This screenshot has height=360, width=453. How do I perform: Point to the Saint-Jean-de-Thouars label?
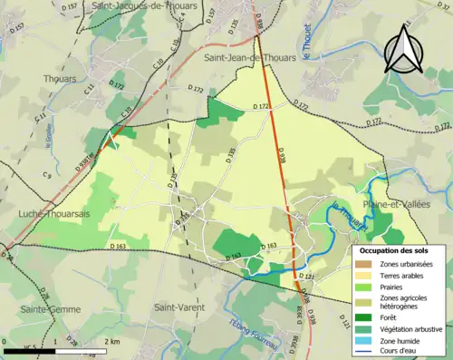(249, 57)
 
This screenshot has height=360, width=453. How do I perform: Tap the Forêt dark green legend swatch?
(367, 315)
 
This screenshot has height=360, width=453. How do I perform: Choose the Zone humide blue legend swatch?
(367, 340)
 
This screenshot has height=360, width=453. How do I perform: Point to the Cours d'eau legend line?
(367, 353)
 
